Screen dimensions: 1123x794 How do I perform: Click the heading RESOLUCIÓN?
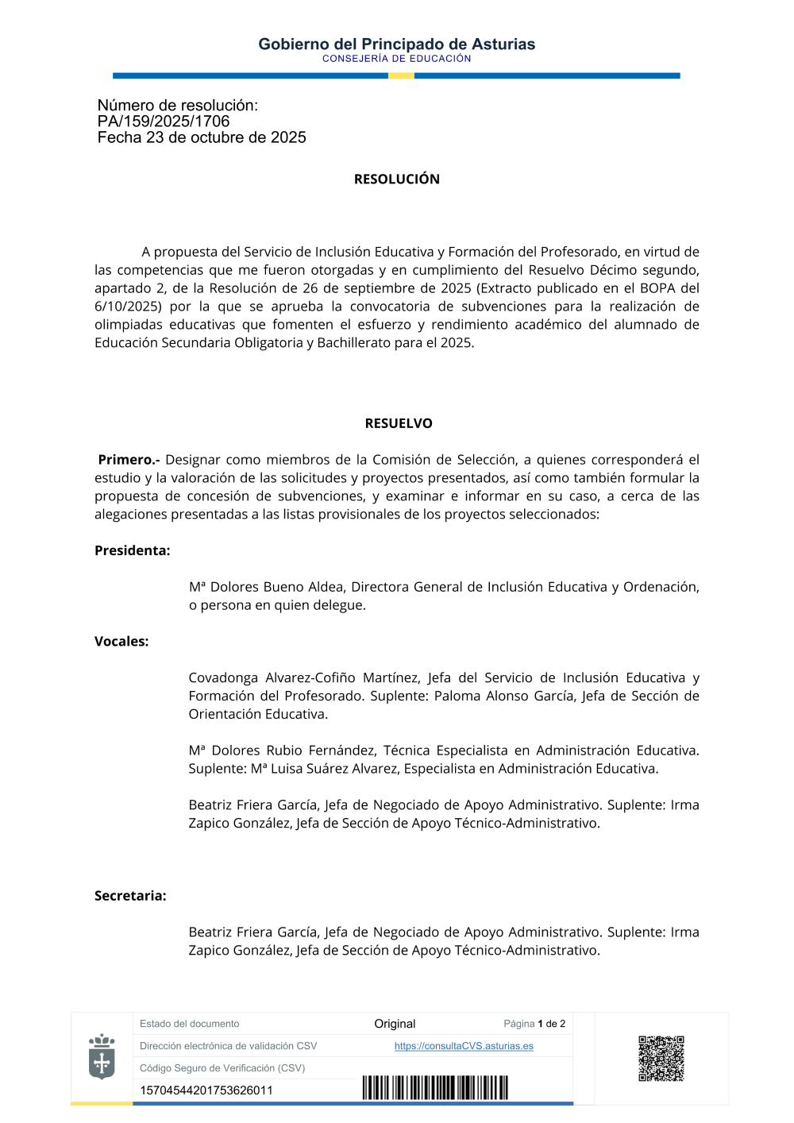tap(397, 179)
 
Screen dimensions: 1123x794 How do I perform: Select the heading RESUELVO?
tap(399, 424)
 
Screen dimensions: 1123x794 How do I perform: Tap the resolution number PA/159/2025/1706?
tap(164, 122)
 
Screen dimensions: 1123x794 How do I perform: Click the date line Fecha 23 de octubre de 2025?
tap(202, 137)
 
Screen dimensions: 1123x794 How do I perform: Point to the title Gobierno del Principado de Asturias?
tap(397, 44)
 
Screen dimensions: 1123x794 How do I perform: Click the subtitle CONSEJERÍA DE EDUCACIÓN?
tap(397, 59)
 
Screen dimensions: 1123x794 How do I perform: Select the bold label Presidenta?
tap(133, 550)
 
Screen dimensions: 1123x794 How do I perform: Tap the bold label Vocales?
tap(121, 642)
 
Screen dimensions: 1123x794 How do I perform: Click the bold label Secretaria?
tap(130, 896)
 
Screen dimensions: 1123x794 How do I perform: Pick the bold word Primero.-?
tap(129, 460)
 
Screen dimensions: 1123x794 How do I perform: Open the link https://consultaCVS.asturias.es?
tap(464, 1046)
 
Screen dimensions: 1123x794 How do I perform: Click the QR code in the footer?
tap(661, 1059)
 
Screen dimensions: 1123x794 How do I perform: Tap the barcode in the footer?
tap(435, 1087)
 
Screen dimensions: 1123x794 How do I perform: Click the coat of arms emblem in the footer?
tap(102, 1057)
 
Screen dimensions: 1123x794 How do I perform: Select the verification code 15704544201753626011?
tap(206, 1090)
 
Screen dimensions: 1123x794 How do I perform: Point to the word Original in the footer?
tap(395, 1024)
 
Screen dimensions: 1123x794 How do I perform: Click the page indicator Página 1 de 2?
tap(534, 1024)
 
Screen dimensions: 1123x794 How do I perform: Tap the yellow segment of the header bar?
tap(401, 76)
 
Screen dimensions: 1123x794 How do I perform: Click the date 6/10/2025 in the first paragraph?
tap(128, 307)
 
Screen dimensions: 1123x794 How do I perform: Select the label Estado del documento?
tap(190, 1024)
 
